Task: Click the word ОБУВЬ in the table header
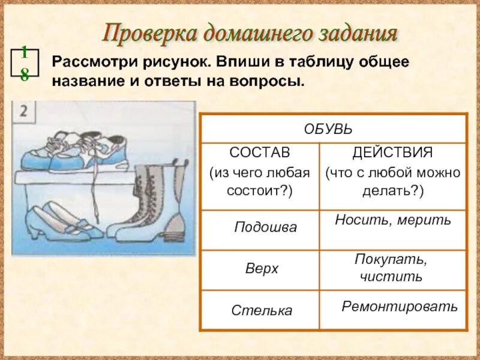(x=328, y=129)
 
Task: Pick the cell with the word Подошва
(x=265, y=228)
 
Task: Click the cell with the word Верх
(x=262, y=268)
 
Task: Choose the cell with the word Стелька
(x=262, y=311)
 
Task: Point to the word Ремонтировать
(x=400, y=307)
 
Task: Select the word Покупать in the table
(x=390, y=260)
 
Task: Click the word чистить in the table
(x=391, y=277)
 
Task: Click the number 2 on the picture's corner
(x=24, y=112)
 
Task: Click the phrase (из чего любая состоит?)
(x=259, y=181)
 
